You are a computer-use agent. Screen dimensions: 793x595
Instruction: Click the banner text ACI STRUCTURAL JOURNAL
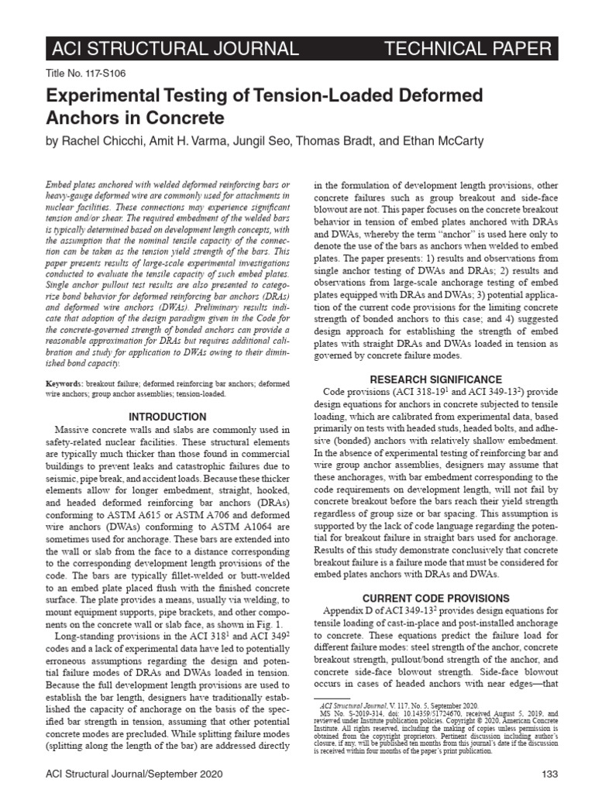click(174, 50)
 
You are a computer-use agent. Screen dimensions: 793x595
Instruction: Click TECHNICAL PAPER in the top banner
click(468, 50)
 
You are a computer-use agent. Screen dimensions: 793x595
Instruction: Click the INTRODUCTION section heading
click(167, 417)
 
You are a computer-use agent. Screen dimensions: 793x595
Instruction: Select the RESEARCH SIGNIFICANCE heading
click(435, 379)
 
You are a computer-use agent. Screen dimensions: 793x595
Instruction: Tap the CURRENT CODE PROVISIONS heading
click(435, 599)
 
